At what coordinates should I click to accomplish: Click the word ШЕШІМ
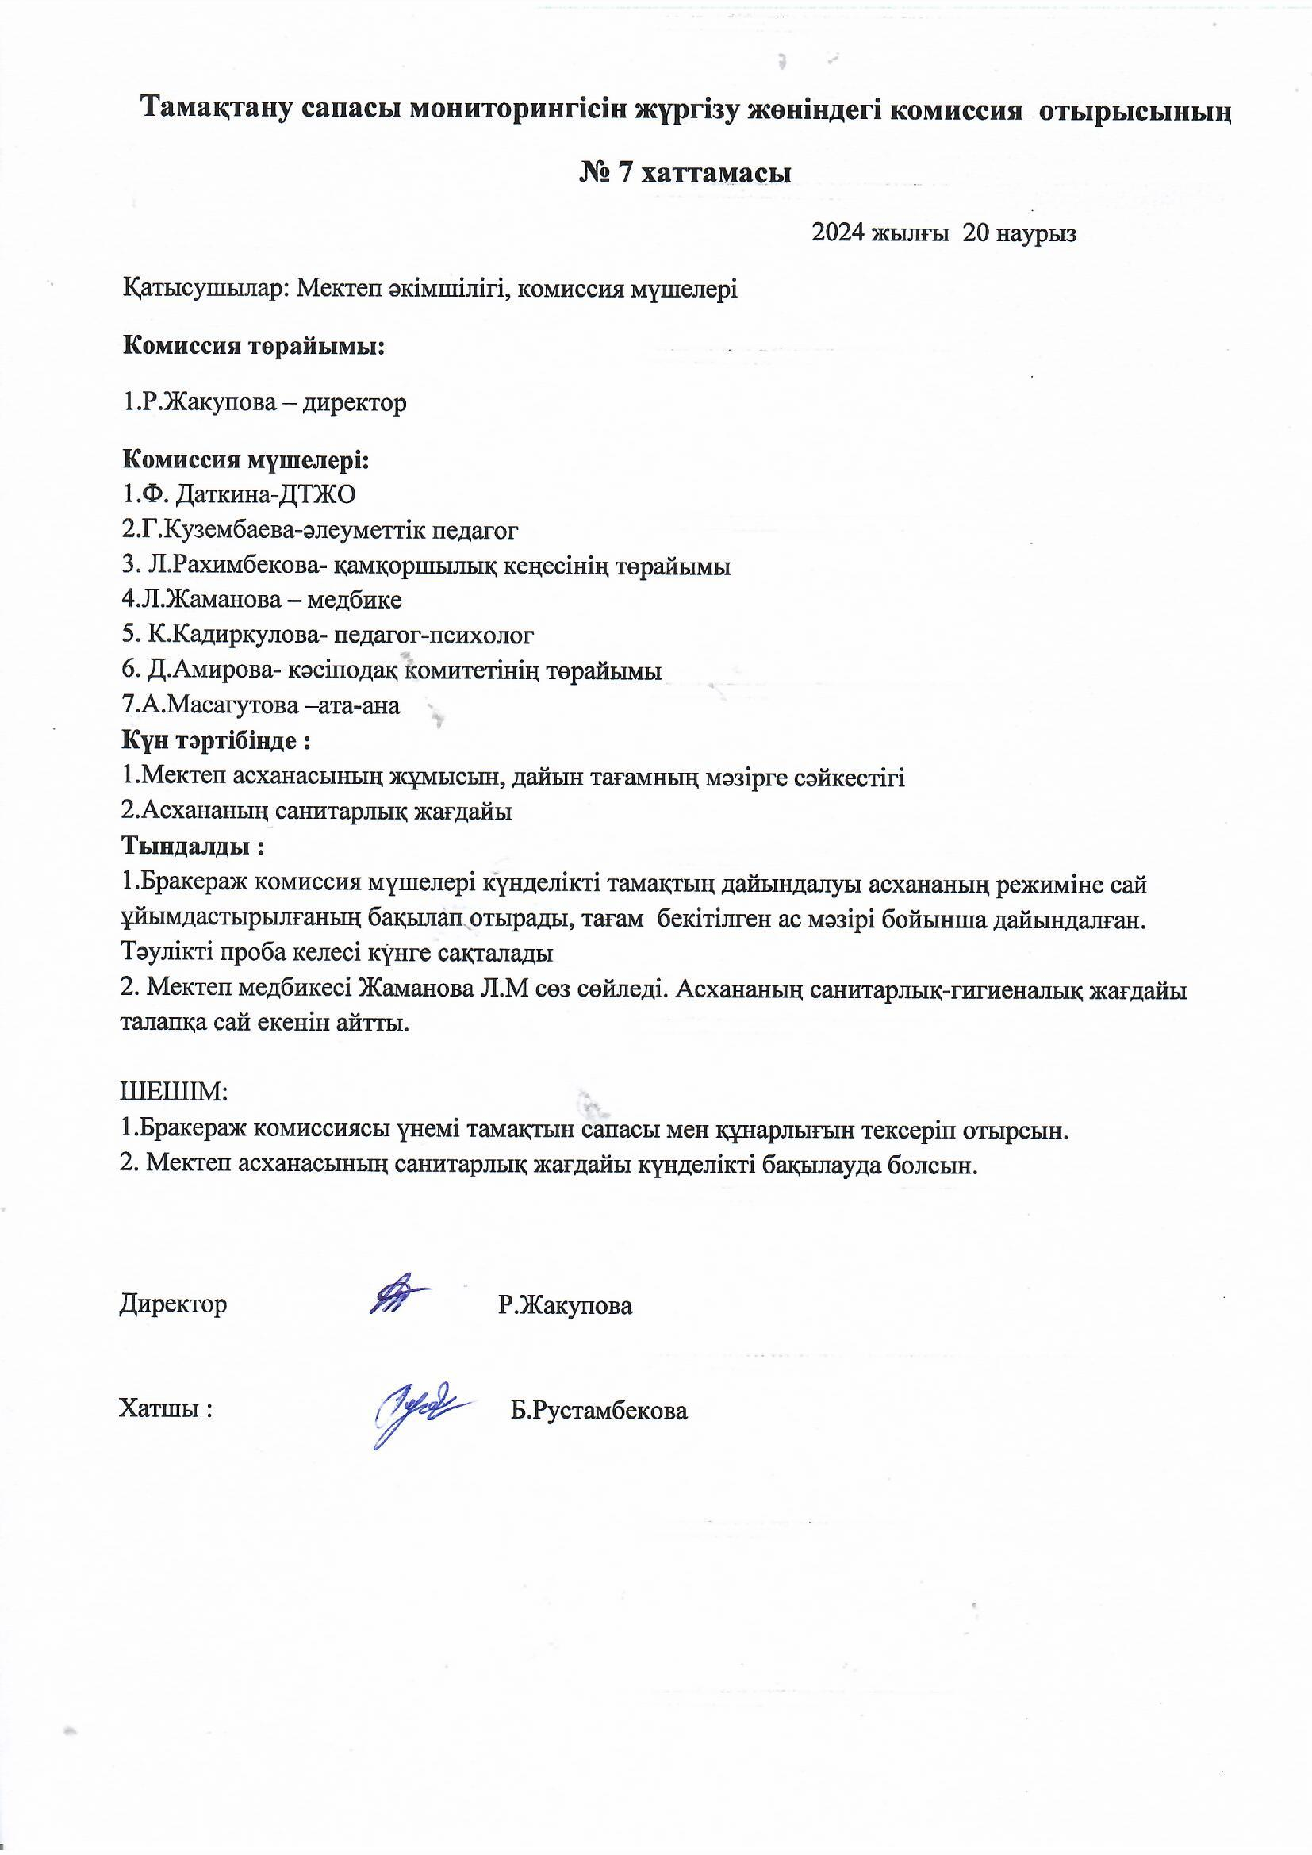[x=174, y=1093]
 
